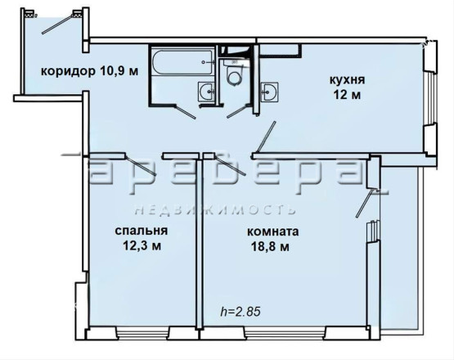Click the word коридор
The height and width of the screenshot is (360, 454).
coord(68,71)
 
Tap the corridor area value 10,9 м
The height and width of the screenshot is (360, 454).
coord(119,70)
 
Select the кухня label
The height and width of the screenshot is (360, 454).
coord(347,79)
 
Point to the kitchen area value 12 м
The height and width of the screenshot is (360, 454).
coord(347,95)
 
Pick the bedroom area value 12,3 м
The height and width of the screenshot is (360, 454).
coord(142,246)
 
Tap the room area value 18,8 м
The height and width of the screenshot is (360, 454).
coord(271,247)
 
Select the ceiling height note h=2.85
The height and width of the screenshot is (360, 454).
coord(240,312)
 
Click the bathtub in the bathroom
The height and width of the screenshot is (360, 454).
coord(182,62)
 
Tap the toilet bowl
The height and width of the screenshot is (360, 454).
coord(234,74)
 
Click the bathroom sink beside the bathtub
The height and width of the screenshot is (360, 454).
coord(207,92)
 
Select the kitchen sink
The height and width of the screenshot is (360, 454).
coord(269,92)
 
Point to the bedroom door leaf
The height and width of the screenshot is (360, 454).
coord(141,165)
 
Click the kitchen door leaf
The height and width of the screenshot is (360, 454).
coord(264,137)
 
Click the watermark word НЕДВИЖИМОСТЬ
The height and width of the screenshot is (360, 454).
coord(215,210)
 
